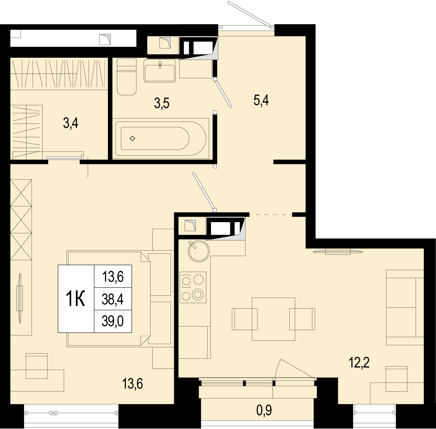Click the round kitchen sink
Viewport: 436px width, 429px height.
pyautogui.click(x=199, y=251)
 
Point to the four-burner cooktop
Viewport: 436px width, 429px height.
pyautogui.click(x=193, y=287)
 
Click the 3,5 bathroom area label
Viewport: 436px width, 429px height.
pyautogui.click(x=162, y=104)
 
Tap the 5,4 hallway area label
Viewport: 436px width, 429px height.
pyautogui.click(x=261, y=101)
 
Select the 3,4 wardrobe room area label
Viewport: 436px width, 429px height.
pyautogui.click(x=71, y=123)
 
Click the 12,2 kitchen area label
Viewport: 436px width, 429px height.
pyautogui.click(x=359, y=363)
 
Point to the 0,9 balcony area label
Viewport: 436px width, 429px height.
pyautogui.click(x=264, y=410)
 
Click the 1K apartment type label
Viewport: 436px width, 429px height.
pyautogui.click(x=75, y=299)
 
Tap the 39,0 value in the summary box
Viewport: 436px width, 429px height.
pyautogui.click(x=113, y=321)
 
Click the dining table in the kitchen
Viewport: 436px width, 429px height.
pyautogui.click(x=273, y=319)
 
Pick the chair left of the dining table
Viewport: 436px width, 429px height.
pyautogui.click(x=245, y=319)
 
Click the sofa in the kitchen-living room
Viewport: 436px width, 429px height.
pyautogui.click(x=405, y=307)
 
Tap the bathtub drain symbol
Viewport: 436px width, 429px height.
pyautogui.click(x=132, y=138)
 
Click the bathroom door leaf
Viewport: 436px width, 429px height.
pyautogui.click(x=223, y=93)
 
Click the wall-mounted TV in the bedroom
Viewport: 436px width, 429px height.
pyautogui.click(x=19, y=298)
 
